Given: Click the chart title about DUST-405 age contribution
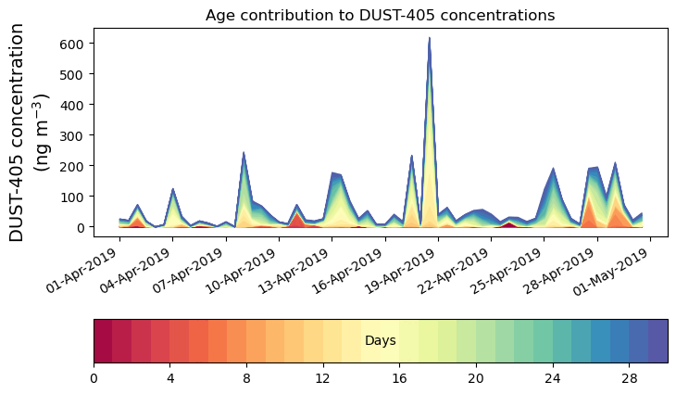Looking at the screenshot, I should [380, 15].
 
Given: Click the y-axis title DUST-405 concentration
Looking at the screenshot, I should [31, 132].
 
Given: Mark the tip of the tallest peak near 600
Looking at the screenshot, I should [430, 39].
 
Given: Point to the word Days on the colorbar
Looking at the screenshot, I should [381, 341].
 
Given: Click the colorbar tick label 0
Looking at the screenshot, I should [94, 378].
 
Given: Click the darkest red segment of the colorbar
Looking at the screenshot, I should [103, 341].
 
